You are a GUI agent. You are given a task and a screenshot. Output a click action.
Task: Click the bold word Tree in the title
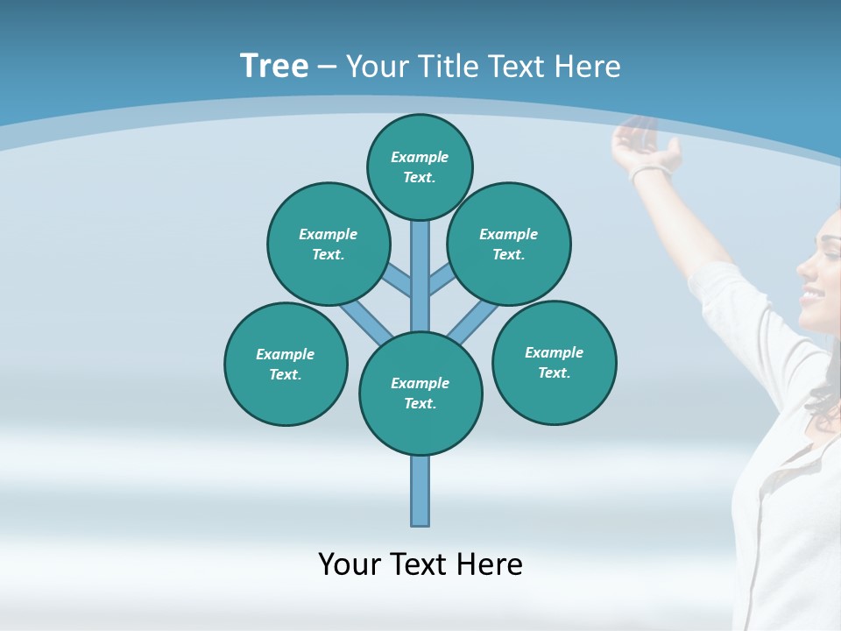[x=274, y=66]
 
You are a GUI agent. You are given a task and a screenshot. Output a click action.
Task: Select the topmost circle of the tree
[x=420, y=167]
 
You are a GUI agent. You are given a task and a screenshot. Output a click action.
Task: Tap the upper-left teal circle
[x=329, y=244]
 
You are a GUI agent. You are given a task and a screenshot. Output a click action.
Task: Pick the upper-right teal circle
[x=509, y=244]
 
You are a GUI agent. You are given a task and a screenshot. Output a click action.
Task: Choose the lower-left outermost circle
[x=286, y=364]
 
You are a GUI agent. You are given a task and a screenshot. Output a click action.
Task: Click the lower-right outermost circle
[x=555, y=362]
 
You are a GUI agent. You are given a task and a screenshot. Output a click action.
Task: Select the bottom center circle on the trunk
[x=420, y=393]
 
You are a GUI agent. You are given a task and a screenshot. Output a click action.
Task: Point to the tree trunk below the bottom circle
[x=420, y=491]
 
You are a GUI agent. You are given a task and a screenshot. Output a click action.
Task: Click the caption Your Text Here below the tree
[x=420, y=564]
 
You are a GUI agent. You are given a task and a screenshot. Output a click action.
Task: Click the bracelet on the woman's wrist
[x=649, y=173]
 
